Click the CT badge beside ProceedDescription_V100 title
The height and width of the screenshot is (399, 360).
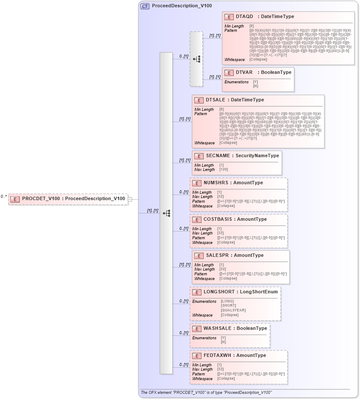pyautogui.click(x=145, y=6)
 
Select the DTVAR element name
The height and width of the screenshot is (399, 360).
pyautogui.click(x=244, y=72)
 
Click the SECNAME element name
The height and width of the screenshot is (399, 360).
pyautogui.click(x=218, y=155)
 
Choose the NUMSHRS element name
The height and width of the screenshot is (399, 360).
pyautogui.click(x=216, y=183)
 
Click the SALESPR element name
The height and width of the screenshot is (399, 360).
pyautogui.click(x=217, y=255)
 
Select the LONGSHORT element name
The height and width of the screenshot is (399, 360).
pyautogui.click(x=219, y=292)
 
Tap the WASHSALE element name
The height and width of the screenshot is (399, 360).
pyautogui.click(x=218, y=328)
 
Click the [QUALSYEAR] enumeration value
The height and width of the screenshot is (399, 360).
pyautogui.click(x=233, y=310)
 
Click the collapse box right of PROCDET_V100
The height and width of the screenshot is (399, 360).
pyautogui.click(x=130, y=199)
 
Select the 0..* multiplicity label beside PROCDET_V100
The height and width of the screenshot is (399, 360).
pyautogui.click(x=4, y=196)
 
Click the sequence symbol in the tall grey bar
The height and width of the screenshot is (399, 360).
pyautogui.click(x=166, y=213)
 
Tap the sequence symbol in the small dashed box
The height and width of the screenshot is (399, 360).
pyautogui.click(x=196, y=59)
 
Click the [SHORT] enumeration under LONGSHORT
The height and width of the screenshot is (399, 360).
pyautogui.click(x=229, y=306)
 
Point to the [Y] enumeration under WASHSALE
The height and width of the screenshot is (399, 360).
pyautogui.click(x=223, y=338)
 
